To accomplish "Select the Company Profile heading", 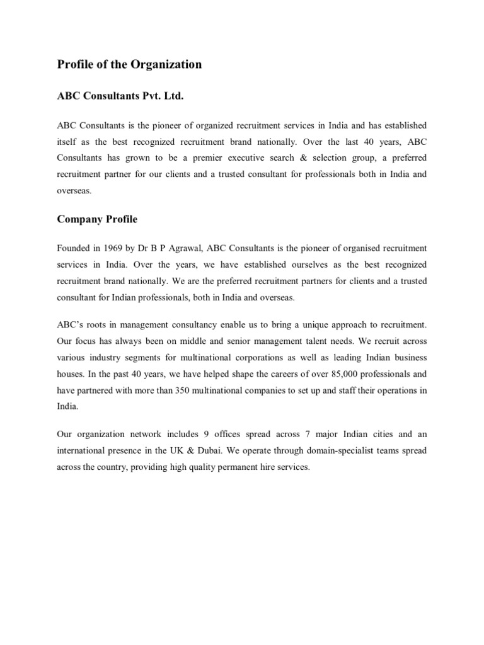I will pyautogui.click(x=97, y=219).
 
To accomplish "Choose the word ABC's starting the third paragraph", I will pyautogui.click(x=70, y=324).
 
